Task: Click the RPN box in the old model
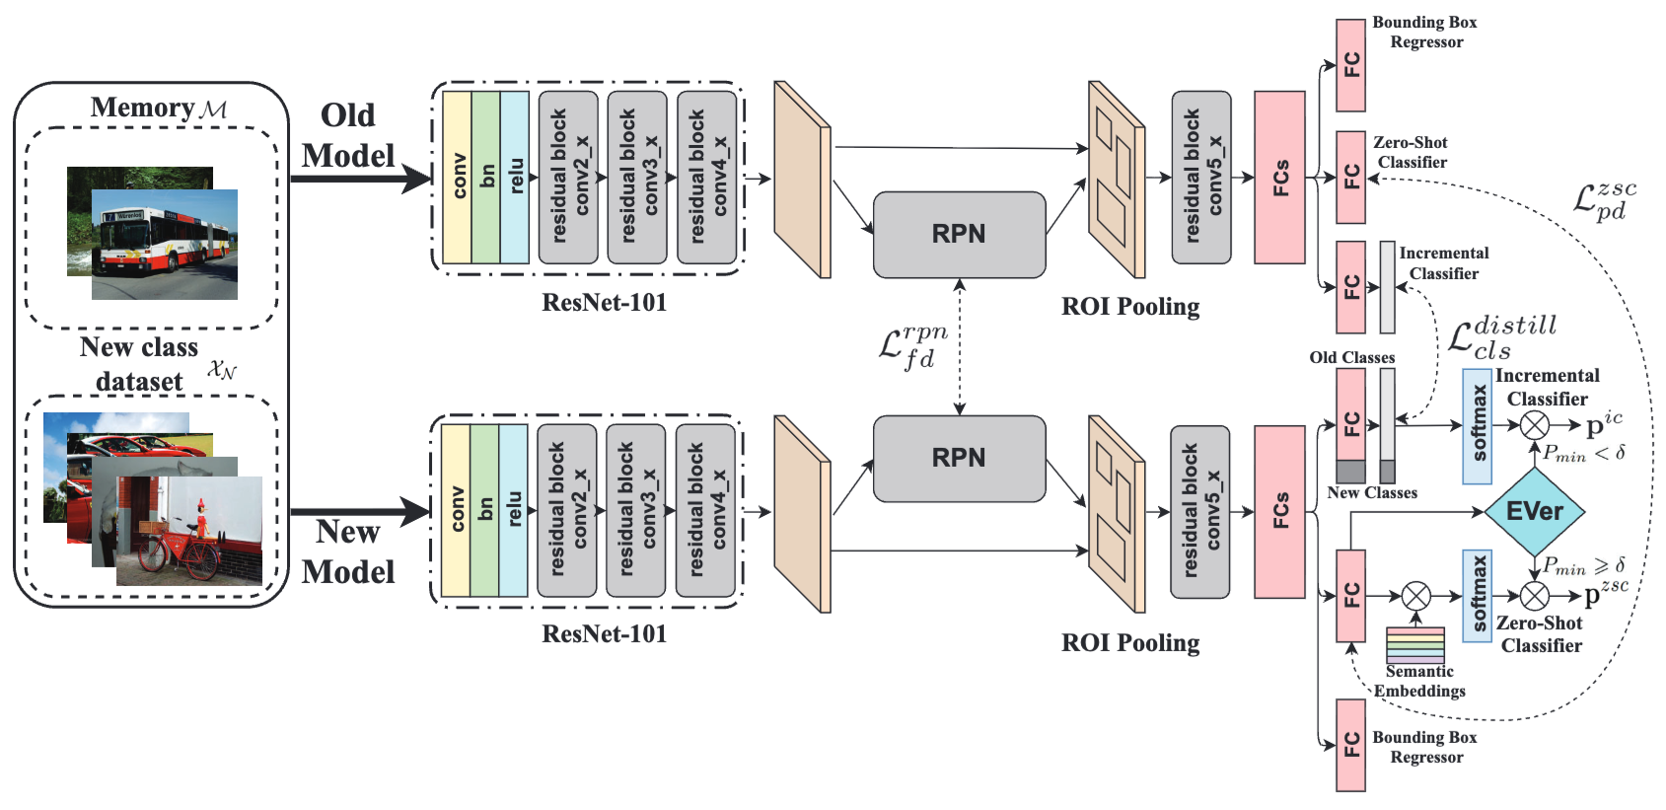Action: point(959,234)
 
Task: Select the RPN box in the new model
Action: point(959,458)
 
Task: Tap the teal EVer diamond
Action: point(1534,511)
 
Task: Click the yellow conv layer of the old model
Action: point(457,178)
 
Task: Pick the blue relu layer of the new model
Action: point(513,510)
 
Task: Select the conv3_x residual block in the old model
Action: point(637,178)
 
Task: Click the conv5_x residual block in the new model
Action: point(1199,511)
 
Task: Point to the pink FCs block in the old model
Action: point(1279,178)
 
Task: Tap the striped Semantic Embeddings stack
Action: point(1414,645)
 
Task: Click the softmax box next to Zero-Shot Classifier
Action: point(1477,596)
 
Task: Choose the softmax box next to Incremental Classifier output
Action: point(1477,426)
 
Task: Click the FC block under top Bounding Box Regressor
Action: point(1350,65)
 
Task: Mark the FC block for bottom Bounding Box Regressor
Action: point(1350,745)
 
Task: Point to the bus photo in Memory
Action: point(164,244)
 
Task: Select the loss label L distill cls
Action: point(1501,337)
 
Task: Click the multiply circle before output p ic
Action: point(1534,425)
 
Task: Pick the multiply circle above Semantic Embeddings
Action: point(1416,596)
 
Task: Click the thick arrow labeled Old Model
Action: point(360,179)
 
